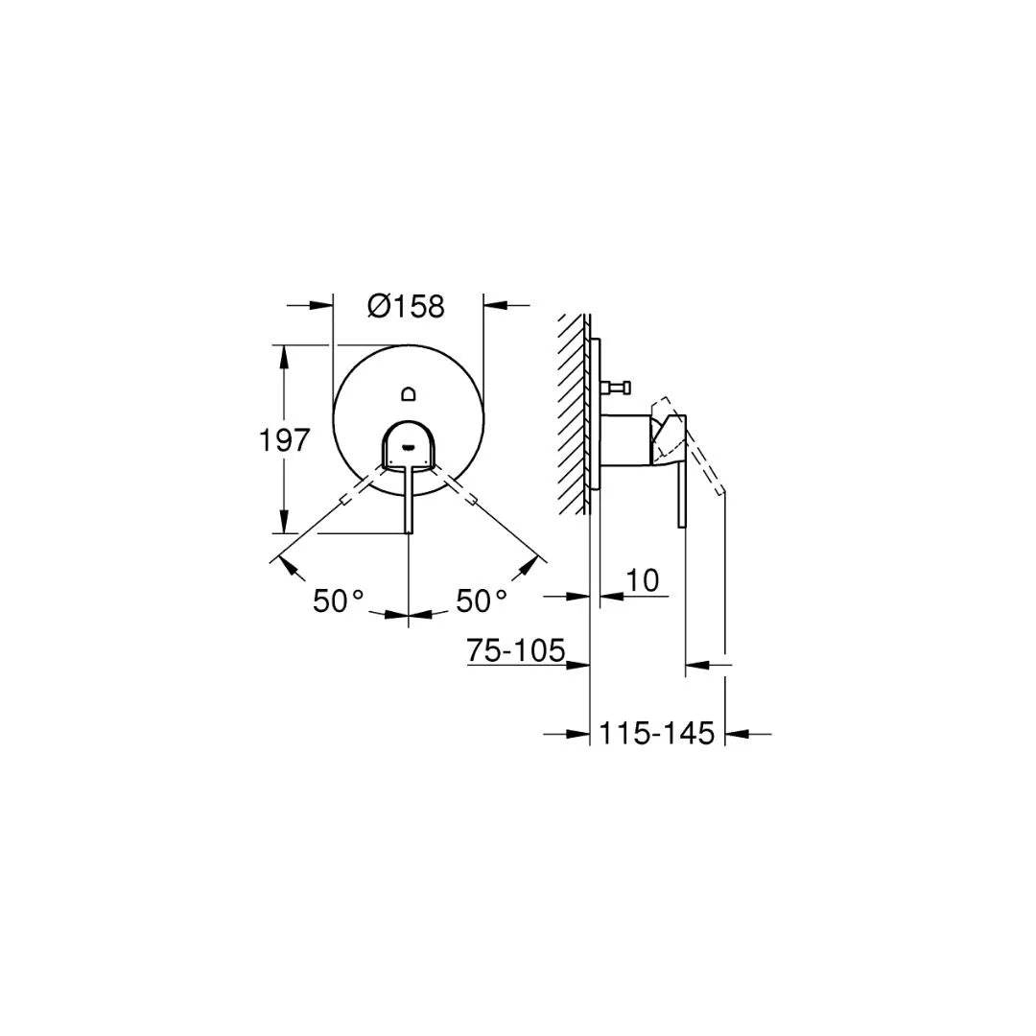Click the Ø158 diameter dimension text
click(x=406, y=306)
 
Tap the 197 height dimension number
click(x=285, y=440)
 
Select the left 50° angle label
click(x=338, y=601)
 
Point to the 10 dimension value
click(x=643, y=580)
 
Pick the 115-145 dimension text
click(x=657, y=734)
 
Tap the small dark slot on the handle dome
click(x=409, y=445)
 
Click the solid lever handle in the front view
click(x=410, y=499)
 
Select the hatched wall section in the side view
click(x=574, y=412)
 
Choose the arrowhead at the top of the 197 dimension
click(x=283, y=355)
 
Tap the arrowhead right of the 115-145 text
click(x=736, y=734)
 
